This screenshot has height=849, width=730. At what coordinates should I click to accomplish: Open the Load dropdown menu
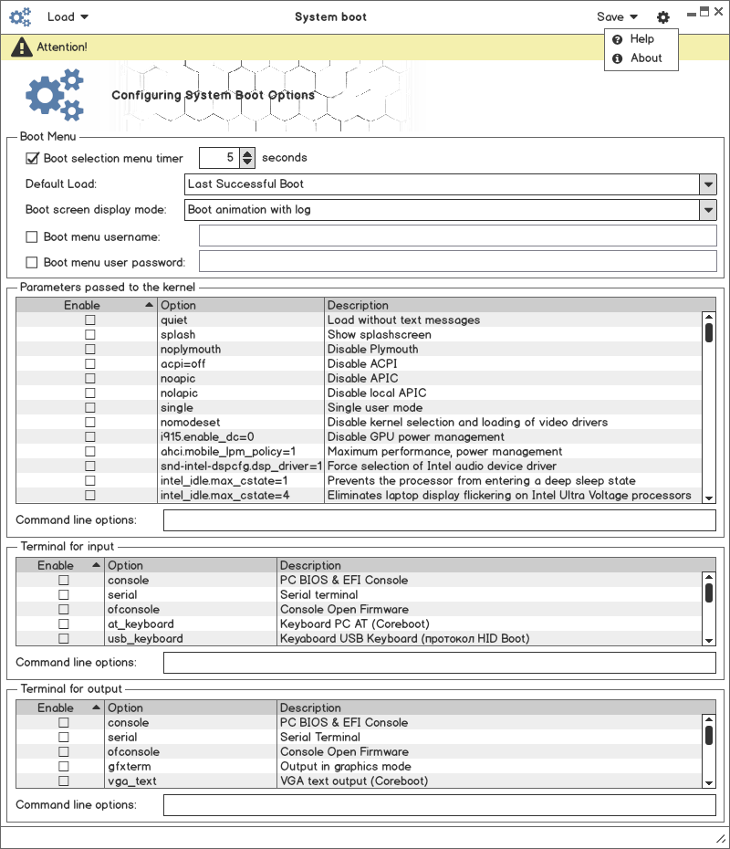tap(68, 16)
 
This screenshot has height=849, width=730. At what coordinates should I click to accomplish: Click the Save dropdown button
tap(617, 16)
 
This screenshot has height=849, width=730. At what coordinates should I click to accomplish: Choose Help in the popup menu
tap(641, 39)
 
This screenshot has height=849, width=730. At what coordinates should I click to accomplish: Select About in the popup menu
tap(645, 58)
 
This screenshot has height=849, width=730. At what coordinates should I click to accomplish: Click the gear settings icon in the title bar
tap(663, 17)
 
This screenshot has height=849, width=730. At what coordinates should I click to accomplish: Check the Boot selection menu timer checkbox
tap(33, 158)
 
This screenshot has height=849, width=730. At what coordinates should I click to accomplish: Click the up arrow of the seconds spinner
tap(247, 153)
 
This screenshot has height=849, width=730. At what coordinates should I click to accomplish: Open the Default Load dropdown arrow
tap(708, 184)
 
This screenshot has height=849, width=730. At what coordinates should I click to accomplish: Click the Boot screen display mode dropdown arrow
tap(708, 210)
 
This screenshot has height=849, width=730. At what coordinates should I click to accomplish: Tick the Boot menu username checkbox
tap(33, 236)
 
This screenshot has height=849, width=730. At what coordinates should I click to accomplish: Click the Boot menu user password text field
tap(457, 262)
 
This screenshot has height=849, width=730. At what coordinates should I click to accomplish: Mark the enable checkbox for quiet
tap(90, 320)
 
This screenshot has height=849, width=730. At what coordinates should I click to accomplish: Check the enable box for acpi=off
tap(90, 364)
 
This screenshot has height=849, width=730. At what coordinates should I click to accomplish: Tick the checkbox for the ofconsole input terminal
tap(64, 610)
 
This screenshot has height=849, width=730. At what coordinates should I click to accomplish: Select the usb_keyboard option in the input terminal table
tap(145, 639)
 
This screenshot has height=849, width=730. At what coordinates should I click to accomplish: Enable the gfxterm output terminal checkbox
tap(64, 767)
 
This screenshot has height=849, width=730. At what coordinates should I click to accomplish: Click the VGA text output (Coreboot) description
tap(353, 781)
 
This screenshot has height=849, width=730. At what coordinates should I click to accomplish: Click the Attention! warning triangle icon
tap(21, 47)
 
